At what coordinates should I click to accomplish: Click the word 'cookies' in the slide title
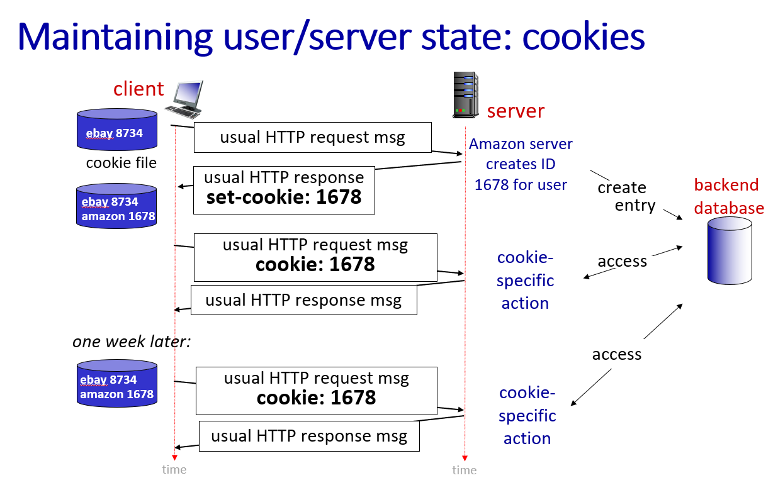[583, 36]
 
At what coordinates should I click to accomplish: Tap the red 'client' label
[138, 89]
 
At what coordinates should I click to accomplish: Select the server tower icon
[465, 95]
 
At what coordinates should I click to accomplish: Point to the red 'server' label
[516, 111]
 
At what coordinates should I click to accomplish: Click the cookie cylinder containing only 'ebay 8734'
[116, 130]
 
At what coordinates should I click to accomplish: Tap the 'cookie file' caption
[121, 163]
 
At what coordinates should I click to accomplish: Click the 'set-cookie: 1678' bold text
[284, 197]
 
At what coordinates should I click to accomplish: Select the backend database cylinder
[730, 251]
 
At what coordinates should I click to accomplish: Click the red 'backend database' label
[729, 196]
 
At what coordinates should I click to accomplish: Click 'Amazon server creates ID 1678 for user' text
[521, 164]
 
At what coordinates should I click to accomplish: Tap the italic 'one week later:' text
[132, 342]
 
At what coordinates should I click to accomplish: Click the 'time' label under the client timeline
[174, 469]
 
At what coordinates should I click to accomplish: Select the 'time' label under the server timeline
[465, 470]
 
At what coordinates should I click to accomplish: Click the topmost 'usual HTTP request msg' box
[312, 137]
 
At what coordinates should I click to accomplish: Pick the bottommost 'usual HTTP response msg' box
[309, 436]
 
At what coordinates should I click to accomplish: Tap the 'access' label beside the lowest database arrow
[616, 354]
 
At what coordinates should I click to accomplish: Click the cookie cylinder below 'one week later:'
[116, 383]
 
